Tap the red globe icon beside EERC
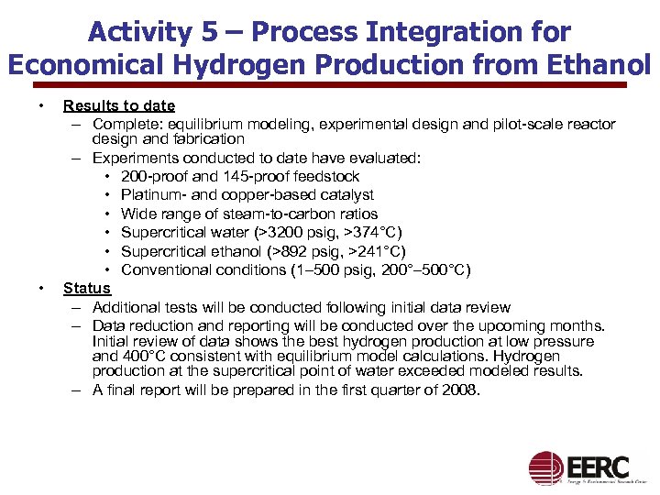pyautogui.click(x=546, y=468)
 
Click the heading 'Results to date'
pyautogui.click(x=119, y=105)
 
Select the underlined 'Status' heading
pyautogui.click(x=86, y=288)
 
